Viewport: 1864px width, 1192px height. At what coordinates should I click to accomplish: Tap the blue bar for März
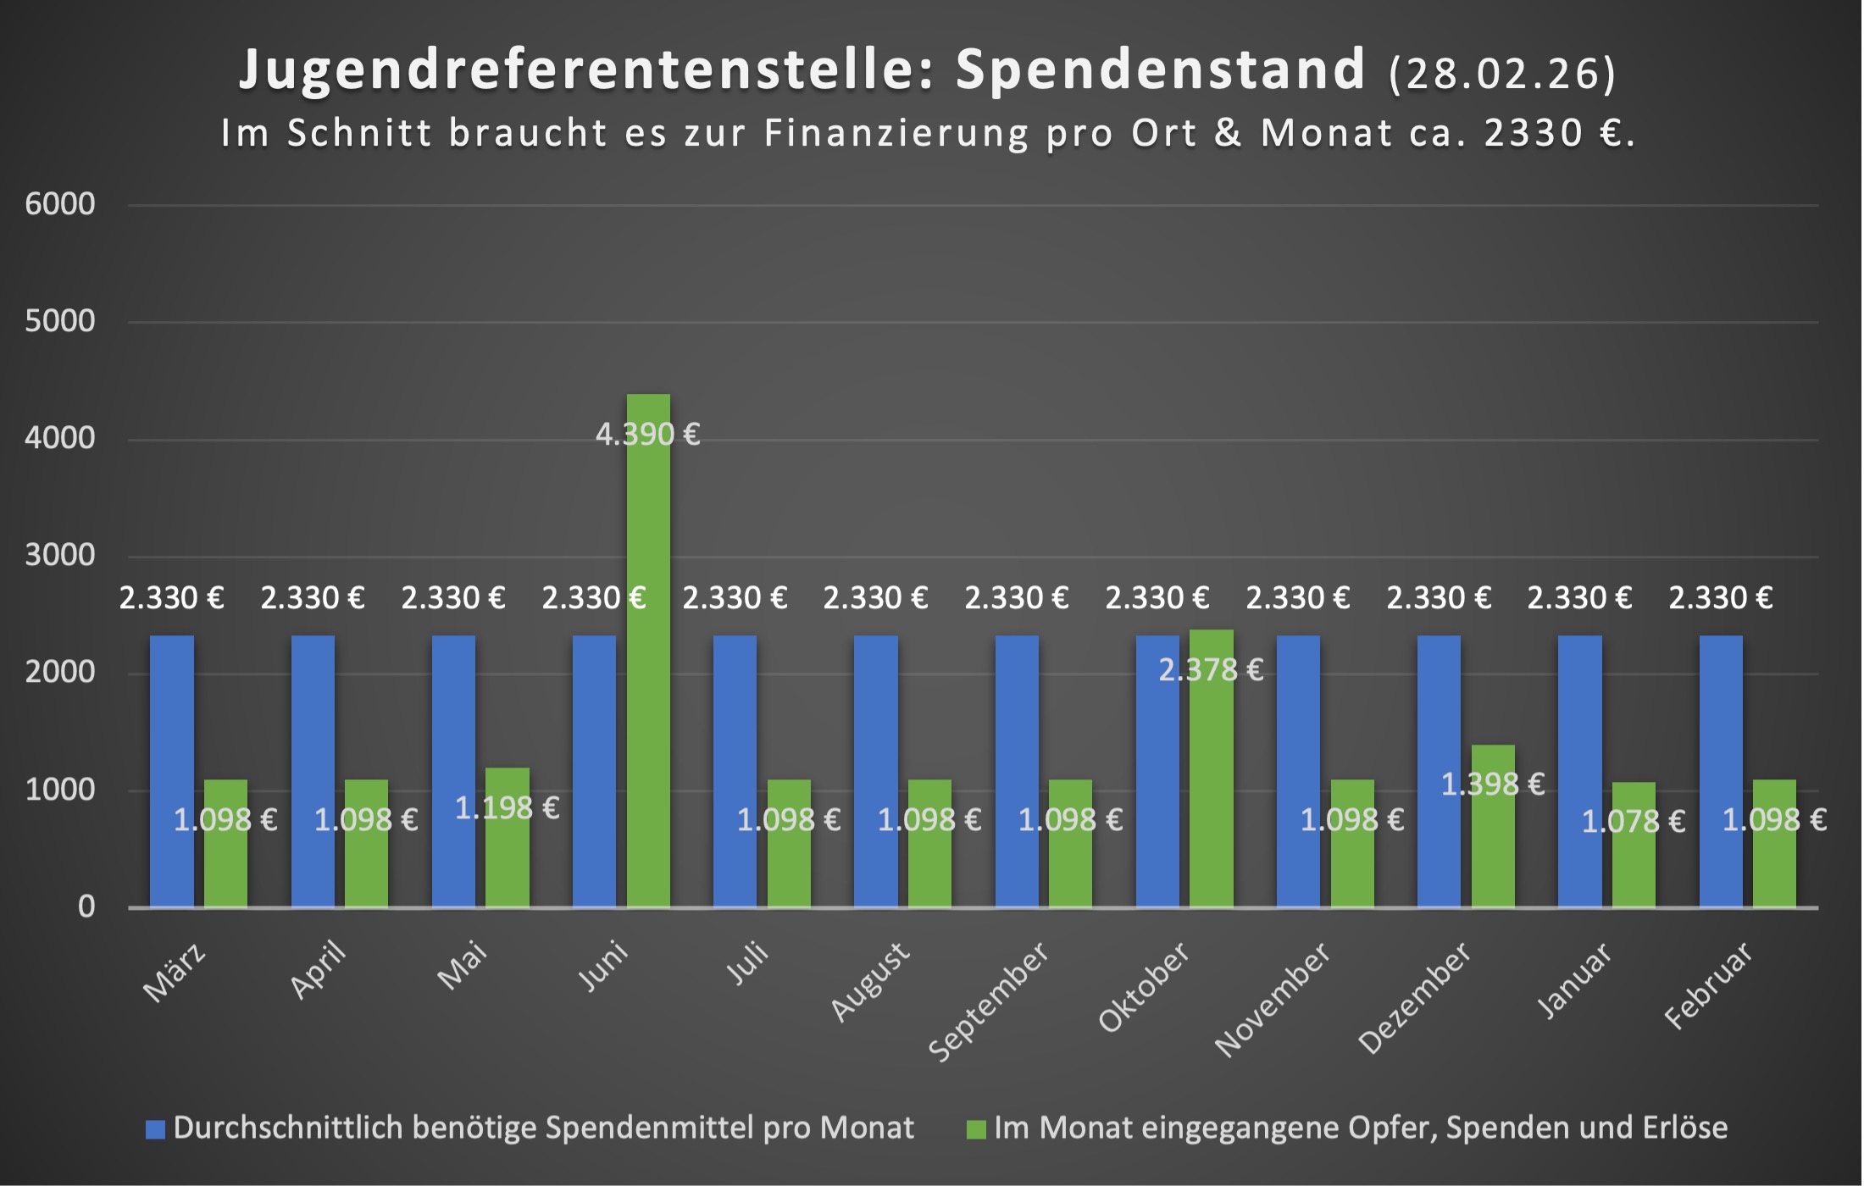coord(172,771)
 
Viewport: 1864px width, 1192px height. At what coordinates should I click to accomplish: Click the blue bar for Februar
coord(1721,771)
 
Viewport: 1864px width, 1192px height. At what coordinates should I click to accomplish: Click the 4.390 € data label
coord(648,435)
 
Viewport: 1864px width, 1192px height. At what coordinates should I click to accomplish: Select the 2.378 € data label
coord(1211,670)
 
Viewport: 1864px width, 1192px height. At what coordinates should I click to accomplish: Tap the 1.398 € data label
coord(1493,785)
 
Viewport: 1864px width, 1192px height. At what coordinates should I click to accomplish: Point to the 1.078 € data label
coord(1634,821)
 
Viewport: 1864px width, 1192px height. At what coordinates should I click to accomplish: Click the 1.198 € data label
coord(508,807)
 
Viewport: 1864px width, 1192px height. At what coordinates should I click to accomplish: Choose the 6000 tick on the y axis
coord(60,204)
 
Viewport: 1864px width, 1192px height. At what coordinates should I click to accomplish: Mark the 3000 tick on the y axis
coord(60,555)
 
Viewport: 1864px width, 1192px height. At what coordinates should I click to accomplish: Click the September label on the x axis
coord(989,1002)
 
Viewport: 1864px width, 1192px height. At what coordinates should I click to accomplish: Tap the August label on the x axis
coord(870,982)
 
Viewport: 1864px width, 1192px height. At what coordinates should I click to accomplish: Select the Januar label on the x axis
coord(1575,980)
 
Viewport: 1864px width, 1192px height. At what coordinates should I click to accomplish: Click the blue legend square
coord(155,1129)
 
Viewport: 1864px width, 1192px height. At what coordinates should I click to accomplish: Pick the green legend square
coord(976,1129)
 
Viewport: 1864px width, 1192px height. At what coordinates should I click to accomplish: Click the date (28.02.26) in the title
coord(1502,73)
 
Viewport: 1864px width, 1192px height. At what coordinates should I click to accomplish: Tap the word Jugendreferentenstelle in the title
coord(585,69)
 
